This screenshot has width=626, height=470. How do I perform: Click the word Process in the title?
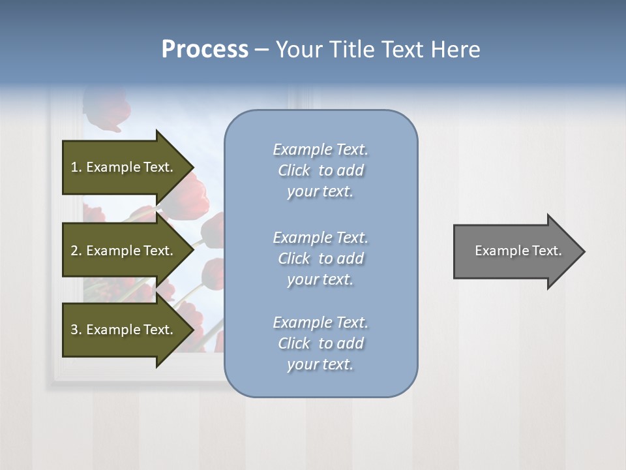point(205,50)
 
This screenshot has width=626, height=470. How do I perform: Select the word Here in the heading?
point(455,50)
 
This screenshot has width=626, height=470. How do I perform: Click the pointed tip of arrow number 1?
point(192,167)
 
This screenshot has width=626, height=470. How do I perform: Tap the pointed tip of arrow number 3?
point(192,330)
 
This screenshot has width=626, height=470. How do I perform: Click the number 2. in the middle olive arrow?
point(76,251)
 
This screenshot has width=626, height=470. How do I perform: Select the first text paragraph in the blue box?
point(320,170)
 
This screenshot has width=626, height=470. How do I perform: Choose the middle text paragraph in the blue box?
point(320,258)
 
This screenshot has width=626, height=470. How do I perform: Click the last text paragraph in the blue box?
point(320,343)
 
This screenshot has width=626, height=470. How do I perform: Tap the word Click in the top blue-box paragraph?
point(294,171)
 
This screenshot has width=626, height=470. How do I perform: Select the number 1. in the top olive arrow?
point(76,167)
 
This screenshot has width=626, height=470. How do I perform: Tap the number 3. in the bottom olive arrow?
point(76,330)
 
